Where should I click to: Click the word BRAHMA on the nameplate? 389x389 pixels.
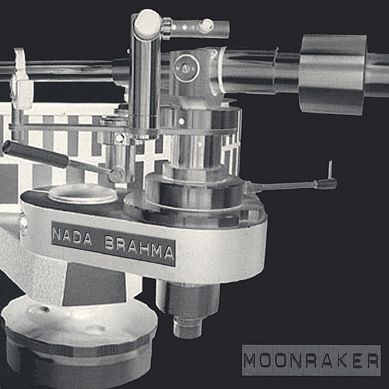(x=139, y=248)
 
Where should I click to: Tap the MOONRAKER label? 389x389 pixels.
(x=311, y=360)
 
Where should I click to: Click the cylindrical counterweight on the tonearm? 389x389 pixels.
(x=333, y=74)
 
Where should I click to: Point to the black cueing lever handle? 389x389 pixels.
(x=35, y=154)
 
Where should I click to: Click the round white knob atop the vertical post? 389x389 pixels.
(x=147, y=24)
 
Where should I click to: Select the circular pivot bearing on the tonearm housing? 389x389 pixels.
(x=186, y=68)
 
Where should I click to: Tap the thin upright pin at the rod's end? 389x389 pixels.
(x=330, y=170)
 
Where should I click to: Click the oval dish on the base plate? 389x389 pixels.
(x=83, y=194)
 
